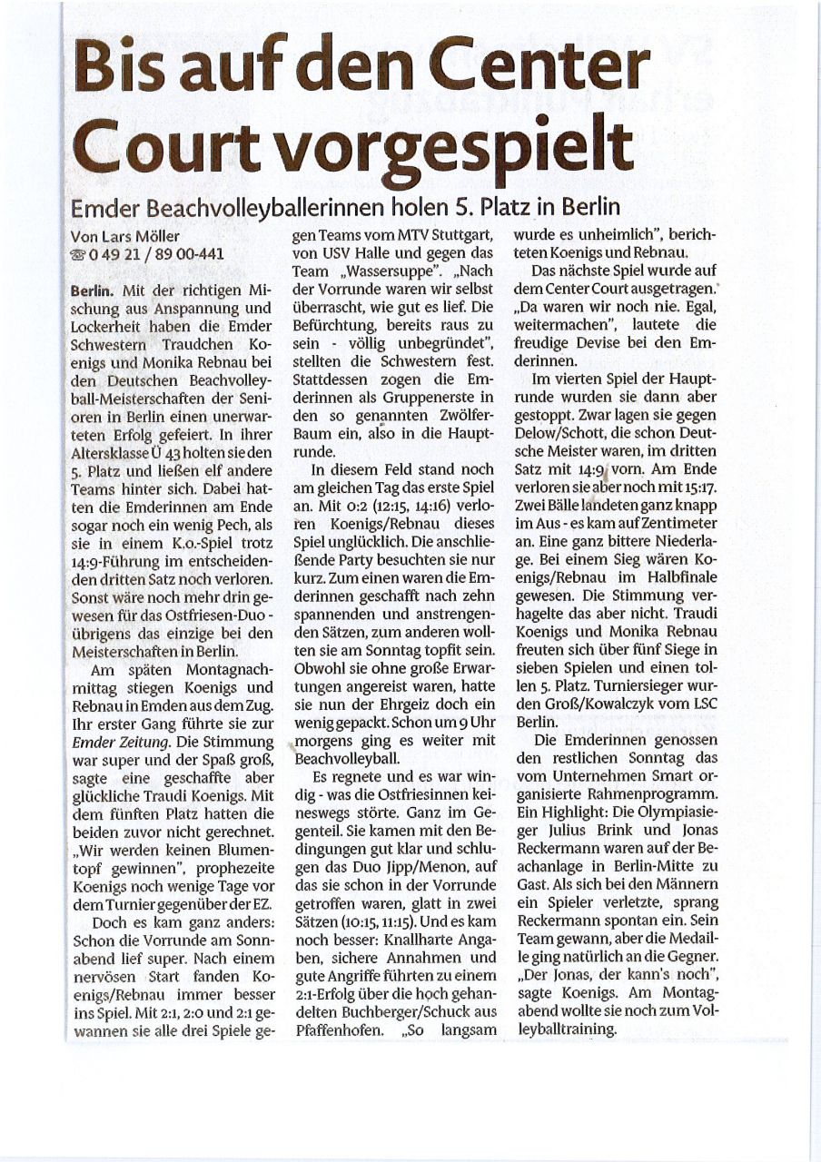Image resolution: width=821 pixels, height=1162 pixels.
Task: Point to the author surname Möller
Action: [x=150, y=236]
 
